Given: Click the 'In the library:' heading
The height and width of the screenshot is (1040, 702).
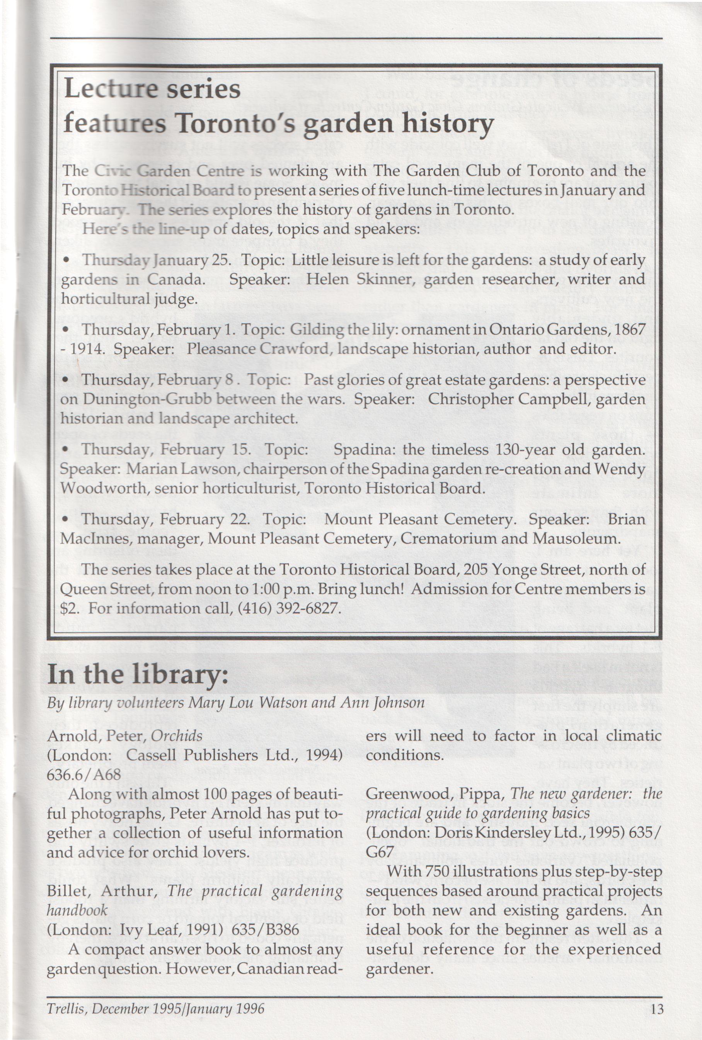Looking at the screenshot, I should click(x=138, y=674).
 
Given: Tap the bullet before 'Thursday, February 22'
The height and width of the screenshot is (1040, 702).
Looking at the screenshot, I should click(x=66, y=520).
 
